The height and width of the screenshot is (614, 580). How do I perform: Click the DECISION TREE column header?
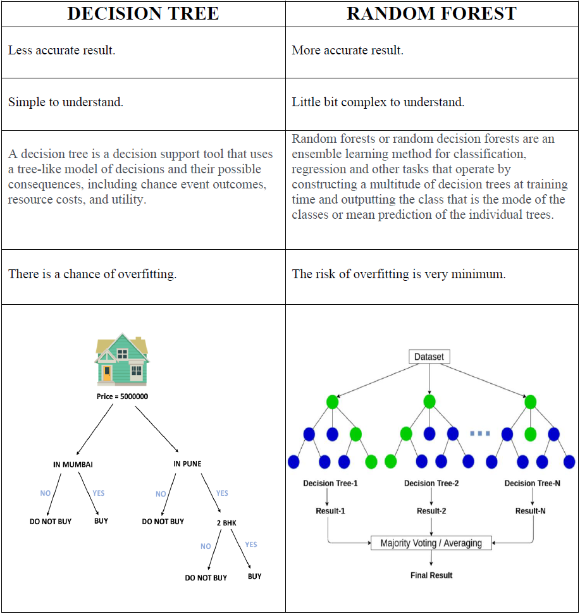point(143,14)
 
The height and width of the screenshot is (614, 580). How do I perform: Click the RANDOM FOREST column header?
point(432,14)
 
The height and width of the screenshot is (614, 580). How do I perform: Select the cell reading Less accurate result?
point(62,51)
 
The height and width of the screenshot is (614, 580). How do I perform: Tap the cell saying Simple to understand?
point(66,102)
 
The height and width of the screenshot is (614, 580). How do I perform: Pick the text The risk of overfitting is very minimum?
point(398,274)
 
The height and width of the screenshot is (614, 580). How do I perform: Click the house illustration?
point(122,360)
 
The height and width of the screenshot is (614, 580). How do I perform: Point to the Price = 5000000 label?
point(123,396)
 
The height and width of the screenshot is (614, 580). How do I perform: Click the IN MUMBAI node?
point(73,465)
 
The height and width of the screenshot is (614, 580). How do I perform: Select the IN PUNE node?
point(187,464)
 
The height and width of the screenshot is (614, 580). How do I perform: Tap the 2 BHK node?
point(226,523)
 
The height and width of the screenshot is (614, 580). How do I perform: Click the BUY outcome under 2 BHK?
point(254,577)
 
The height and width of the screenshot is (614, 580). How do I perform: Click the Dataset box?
point(429,357)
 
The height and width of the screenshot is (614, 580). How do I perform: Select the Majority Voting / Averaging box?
point(431,543)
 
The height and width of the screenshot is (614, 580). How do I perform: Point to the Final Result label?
point(431,575)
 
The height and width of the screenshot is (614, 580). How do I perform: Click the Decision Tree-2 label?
point(431,484)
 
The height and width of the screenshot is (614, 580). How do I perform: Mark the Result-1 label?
point(330,511)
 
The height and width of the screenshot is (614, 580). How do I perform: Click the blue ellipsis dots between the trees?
point(480,434)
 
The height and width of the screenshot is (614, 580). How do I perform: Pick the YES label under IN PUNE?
point(222,493)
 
